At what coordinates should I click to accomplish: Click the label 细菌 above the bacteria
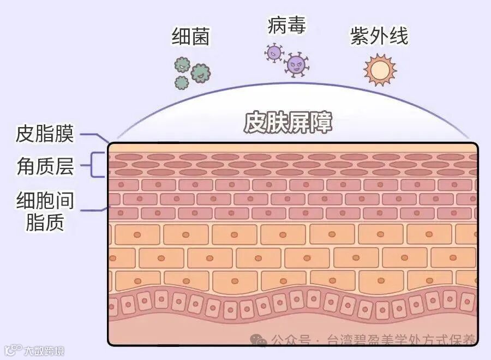click(190, 37)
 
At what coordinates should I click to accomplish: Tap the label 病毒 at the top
click(286, 25)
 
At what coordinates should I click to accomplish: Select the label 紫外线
click(379, 37)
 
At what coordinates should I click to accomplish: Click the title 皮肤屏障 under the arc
click(288, 123)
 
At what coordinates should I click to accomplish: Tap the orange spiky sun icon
click(379, 70)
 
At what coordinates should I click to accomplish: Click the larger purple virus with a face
click(296, 65)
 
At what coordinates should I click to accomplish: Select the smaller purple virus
click(274, 53)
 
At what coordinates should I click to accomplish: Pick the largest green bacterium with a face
click(200, 73)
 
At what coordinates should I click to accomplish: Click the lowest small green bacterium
click(182, 83)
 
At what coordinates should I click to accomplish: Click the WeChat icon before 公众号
click(259, 340)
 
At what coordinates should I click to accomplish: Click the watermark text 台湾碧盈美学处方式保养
click(401, 340)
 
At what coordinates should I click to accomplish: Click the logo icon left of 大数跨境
click(13, 350)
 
